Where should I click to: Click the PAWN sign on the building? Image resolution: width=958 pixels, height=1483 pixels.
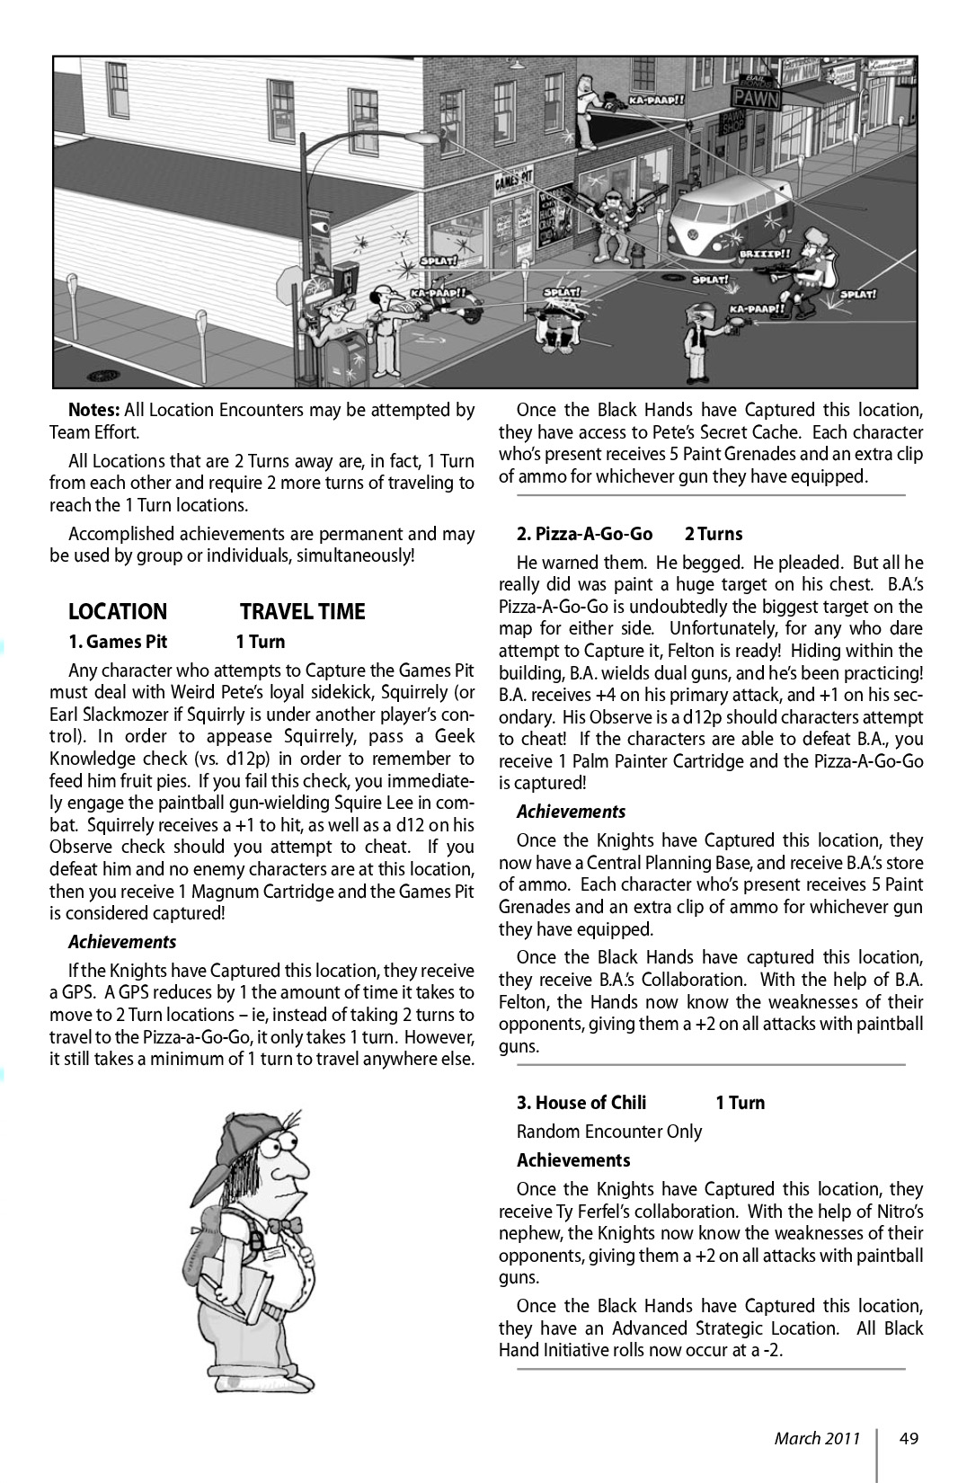[755, 97]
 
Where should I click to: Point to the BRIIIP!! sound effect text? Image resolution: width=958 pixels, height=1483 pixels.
[765, 254]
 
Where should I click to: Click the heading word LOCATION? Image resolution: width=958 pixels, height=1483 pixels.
[118, 612]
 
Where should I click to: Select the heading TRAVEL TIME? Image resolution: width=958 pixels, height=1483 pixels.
[302, 612]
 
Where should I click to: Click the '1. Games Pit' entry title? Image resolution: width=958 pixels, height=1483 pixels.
[118, 642]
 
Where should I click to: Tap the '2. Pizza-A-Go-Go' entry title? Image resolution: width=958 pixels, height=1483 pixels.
[584, 534]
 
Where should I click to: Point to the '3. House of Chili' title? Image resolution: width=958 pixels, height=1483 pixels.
[581, 1103]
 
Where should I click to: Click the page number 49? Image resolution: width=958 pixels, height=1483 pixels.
[908, 1438]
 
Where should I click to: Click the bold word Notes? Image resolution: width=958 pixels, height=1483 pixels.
[93, 410]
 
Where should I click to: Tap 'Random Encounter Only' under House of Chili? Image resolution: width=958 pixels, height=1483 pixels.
[608, 1132]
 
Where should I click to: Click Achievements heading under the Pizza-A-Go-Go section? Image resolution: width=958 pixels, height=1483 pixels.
[571, 812]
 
